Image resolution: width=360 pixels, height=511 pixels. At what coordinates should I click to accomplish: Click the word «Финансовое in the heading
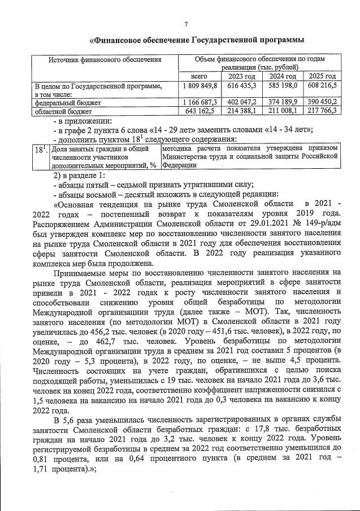118,41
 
